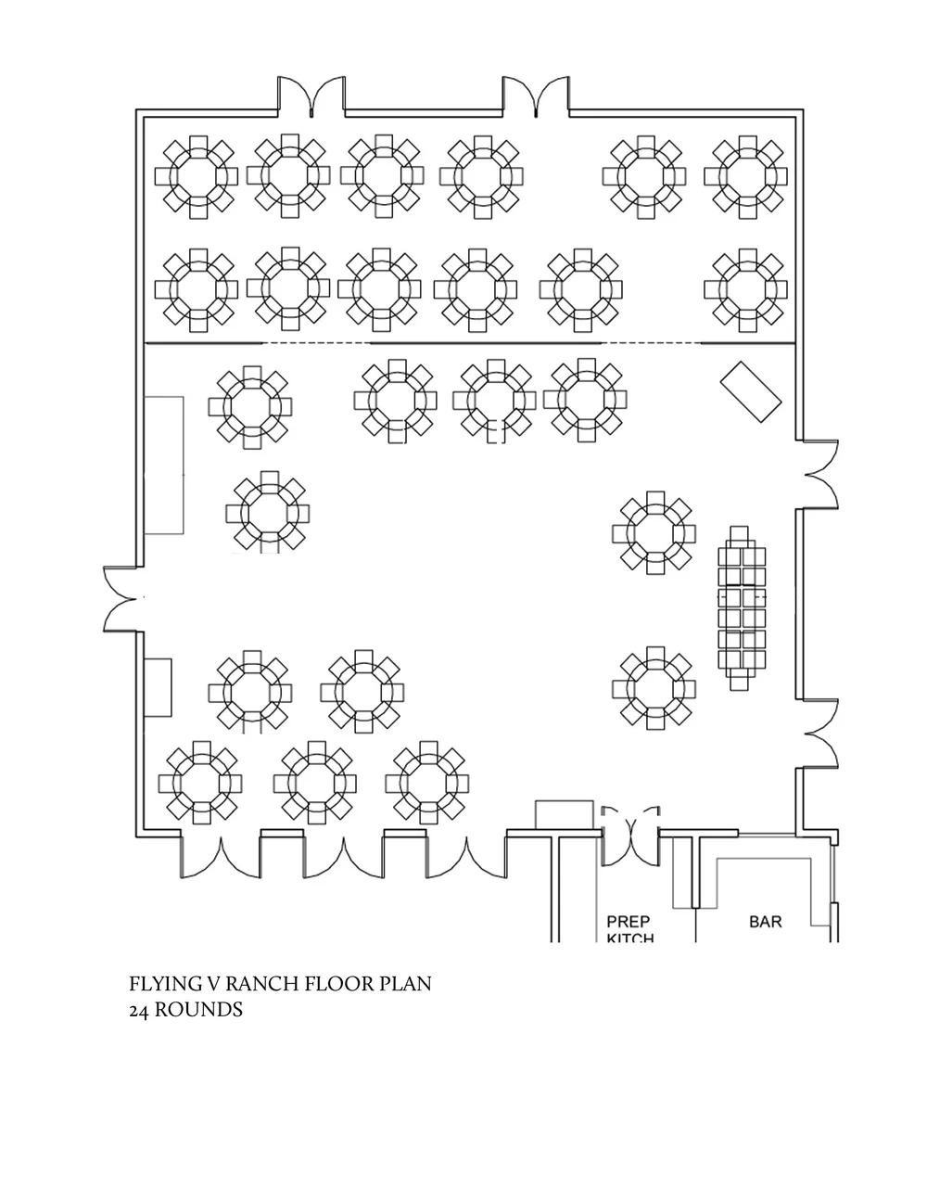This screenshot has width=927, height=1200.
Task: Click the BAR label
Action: (x=765, y=922)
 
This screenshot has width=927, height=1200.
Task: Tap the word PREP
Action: (x=629, y=922)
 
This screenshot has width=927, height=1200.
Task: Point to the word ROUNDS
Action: (x=198, y=1010)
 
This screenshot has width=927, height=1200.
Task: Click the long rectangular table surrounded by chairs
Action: (x=743, y=608)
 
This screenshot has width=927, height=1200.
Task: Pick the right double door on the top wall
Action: (x=536, y=97)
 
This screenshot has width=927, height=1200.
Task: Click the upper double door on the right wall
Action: (x=819, y=474)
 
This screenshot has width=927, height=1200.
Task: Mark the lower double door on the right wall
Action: (x=819, y=732)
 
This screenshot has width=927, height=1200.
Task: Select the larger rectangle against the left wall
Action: (x=164, y=465)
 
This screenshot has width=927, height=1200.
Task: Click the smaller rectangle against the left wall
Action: (x=159, y=686)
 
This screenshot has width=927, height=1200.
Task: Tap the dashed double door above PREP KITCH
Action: (x=630, y=823)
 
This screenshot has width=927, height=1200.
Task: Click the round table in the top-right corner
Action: (x=745, y=176)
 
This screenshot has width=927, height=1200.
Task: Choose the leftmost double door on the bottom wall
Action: (x=221, y=857)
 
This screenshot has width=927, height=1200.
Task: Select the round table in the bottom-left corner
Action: (x=200, y=782)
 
